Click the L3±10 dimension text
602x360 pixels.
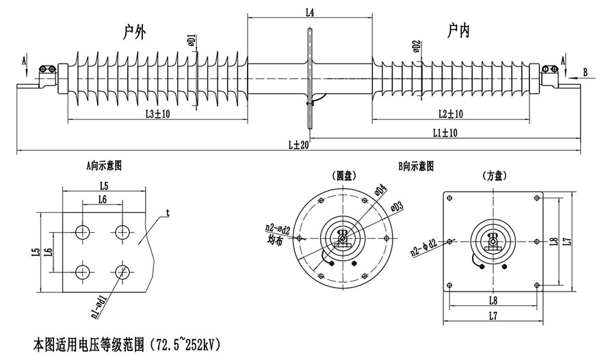coord(158,114)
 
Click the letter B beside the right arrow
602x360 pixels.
coord(586,71)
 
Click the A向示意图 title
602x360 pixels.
coord(104,165)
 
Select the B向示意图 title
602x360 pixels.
coord(416,166)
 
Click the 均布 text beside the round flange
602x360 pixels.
coord(277,240)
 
